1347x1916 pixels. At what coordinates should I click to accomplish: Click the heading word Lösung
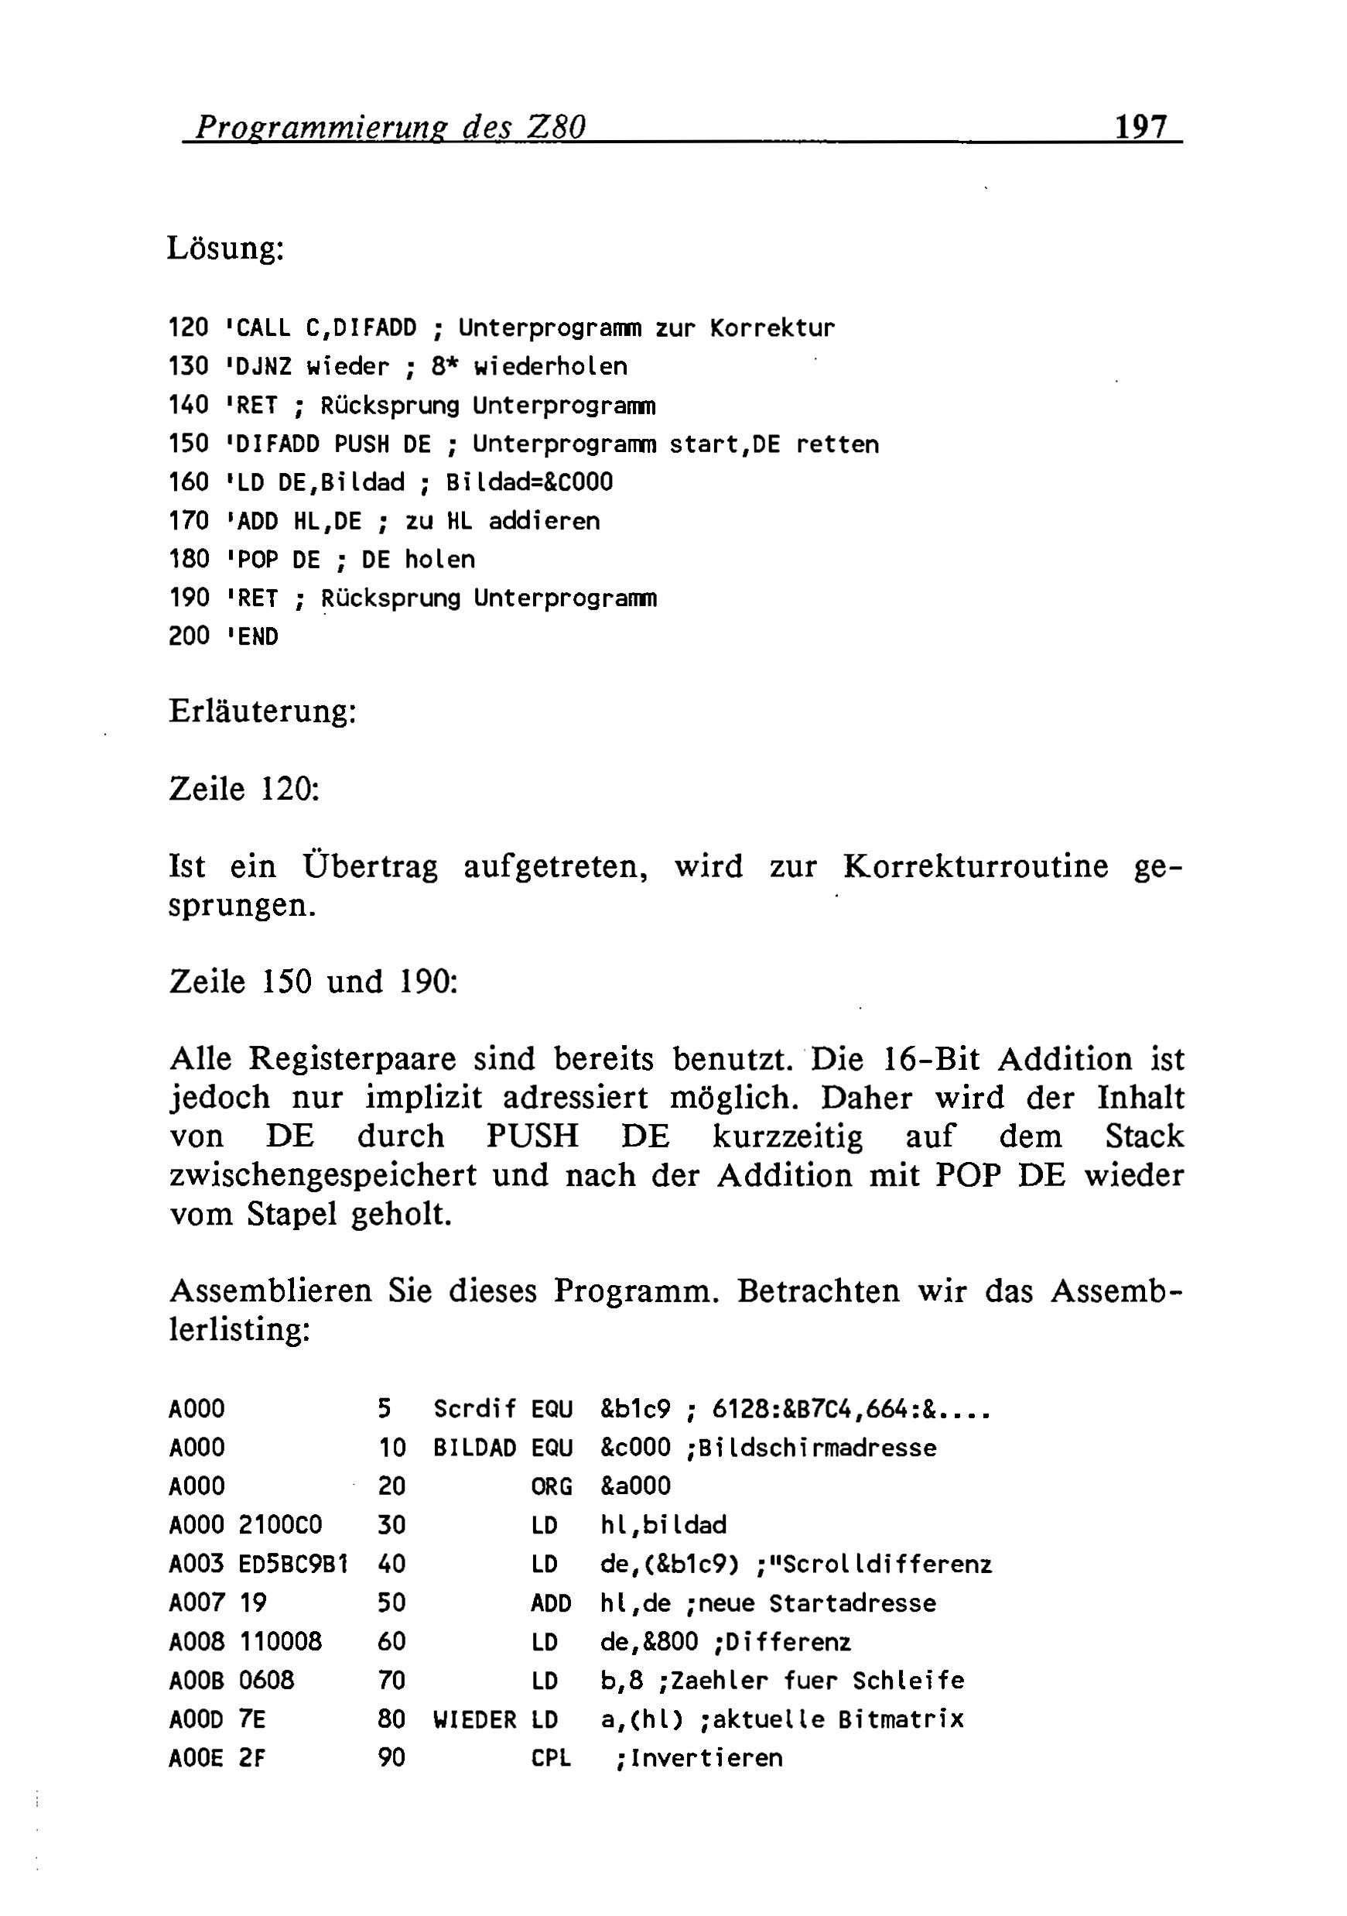pos(226,248)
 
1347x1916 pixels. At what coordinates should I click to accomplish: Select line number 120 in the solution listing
pos(189,328)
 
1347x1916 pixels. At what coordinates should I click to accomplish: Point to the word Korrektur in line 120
pos(771,328)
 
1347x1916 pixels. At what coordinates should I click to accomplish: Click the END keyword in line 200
pos(258,636)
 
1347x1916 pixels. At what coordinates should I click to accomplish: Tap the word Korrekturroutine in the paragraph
pos(975,866)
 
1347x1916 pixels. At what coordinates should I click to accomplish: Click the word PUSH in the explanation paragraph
pos(532,1136)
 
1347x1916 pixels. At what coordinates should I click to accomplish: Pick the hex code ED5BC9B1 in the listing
pos(292,1564)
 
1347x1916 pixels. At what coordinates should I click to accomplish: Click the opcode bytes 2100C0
pos(280,1526)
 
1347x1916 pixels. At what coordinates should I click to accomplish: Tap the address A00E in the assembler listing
pos(196,1758)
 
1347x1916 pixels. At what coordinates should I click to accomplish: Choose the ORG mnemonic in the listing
pos(552,1486)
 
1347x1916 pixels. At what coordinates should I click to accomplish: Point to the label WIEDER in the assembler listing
pos(474,1720)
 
